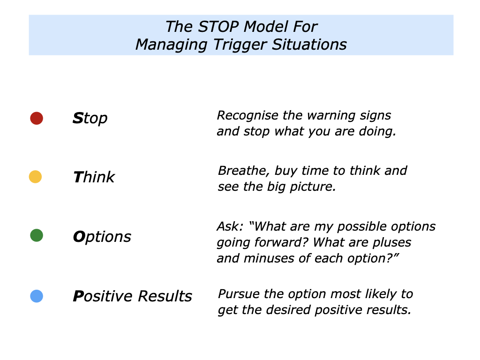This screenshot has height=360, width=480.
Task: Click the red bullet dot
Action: pos(37,118)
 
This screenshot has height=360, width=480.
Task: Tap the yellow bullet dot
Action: pos(35,177)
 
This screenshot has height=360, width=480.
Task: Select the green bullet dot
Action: pos(37,235)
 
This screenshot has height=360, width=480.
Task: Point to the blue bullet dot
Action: pos(37,296)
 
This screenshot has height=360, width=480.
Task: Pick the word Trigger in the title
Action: pos(225,45)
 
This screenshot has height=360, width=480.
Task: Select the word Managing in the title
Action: pos(164,45)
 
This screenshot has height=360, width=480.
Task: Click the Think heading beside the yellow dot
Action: pos(94,177)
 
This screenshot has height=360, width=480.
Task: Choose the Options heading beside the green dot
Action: pos(102,236)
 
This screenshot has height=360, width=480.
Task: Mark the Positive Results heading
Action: pos(132,296)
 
